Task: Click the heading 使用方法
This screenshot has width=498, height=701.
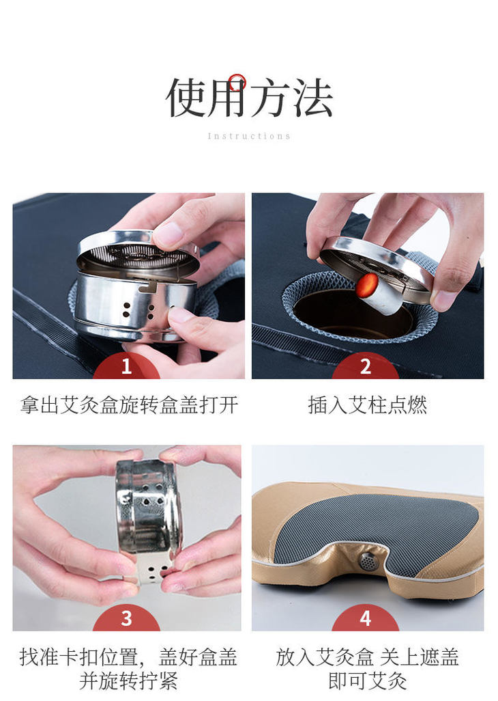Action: [249, 98]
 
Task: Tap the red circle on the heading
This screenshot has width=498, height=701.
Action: [237, 82]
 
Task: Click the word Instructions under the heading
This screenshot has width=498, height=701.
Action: [249, 136]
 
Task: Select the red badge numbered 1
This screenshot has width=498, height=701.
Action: [127, 367]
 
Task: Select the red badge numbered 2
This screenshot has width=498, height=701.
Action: [366, 367]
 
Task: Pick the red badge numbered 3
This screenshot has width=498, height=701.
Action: [127, 618]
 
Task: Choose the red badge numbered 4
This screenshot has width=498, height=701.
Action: [366, 618]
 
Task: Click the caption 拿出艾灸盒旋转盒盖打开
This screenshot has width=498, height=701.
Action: [129, 405]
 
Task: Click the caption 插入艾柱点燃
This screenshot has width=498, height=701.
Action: [367, 405]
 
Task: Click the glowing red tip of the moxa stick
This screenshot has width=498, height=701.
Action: [368, 285]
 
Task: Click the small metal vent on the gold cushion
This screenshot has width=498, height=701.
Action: [367, 561]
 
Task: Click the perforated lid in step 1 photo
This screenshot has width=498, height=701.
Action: [138, 256]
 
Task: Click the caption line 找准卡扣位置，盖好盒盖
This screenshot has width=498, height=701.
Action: [128, 657]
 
